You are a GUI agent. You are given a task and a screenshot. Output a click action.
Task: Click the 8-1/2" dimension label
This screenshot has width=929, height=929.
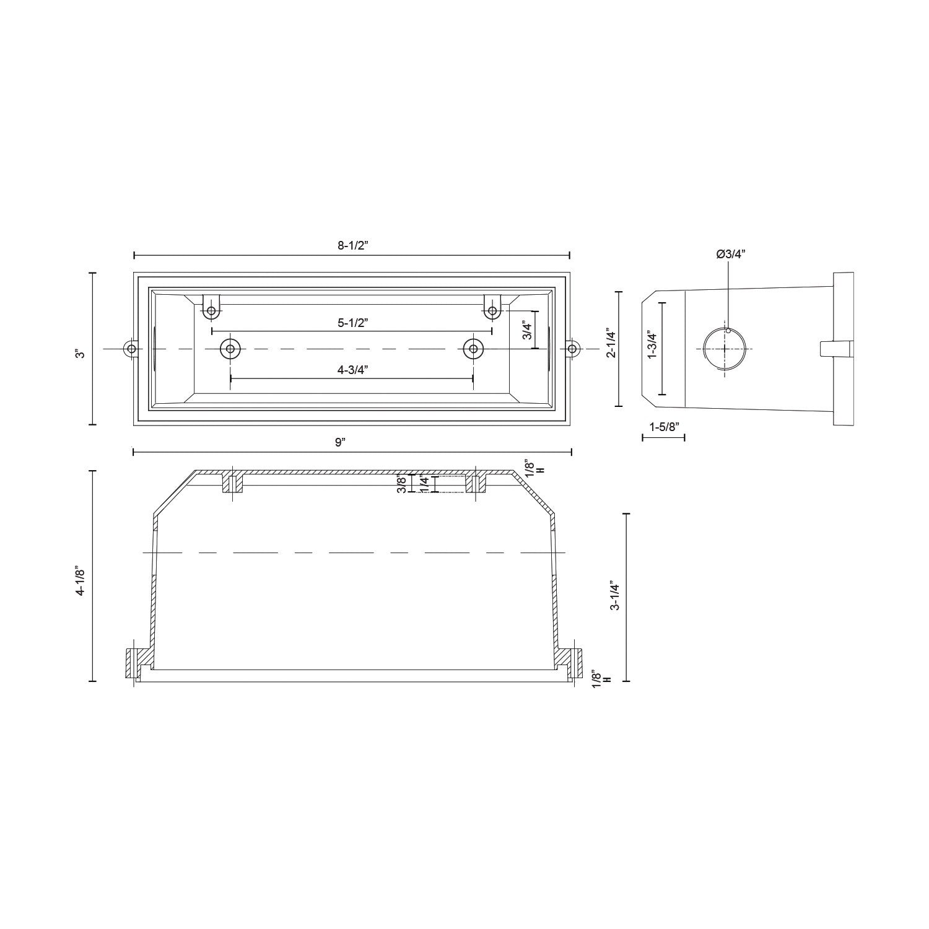pos(352,245)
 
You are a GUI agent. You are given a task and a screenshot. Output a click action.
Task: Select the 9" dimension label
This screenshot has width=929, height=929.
pos(339,442)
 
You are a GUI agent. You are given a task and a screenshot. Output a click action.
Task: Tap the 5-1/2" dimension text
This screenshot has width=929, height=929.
pos(352,323)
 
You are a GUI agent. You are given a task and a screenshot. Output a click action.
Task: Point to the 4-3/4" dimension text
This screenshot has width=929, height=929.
pos(352,370)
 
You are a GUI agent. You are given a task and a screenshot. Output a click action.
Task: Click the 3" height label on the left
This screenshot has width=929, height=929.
pos(79,354)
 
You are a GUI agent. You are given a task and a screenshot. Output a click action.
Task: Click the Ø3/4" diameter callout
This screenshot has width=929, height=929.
pos(731,254)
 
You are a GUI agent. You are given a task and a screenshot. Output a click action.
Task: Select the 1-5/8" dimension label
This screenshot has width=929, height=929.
pos(664,427)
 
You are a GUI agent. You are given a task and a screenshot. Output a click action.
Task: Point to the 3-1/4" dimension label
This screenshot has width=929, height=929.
pos(614,596)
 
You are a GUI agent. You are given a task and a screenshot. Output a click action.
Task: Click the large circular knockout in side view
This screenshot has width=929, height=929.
pos(725,349)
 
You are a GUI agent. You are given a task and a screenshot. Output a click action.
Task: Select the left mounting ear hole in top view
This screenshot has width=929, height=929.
pos(131,349)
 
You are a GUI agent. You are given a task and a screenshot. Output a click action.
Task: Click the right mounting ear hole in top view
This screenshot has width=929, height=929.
pos(573,349)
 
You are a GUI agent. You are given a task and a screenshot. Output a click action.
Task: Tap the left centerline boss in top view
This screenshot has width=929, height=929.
pos(230,349)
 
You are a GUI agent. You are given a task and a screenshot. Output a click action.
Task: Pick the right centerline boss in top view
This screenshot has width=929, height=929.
pos(473,349)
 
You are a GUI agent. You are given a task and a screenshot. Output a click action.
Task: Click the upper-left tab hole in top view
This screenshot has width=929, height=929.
pos(212,310)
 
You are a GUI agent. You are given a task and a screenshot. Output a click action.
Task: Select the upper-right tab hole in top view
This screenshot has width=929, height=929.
pos(492,310)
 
